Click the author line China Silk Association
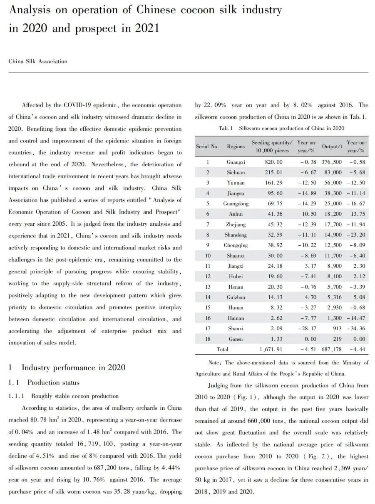click(38, 61)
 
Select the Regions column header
click(236, 146)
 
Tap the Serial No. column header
click(207, 146)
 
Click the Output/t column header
click(332, 146)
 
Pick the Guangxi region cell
click(236, 162)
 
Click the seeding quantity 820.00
click(273, 162)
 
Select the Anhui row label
click(236, 214)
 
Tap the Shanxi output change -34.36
click(355, 329)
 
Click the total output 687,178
click(332, 349)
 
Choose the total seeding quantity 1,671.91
click(271, 349)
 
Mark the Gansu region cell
click(236, 339)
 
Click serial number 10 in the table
click(207, 256)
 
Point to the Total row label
click(222, 349)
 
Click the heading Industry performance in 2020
click(73, 367)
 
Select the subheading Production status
click(53, 382)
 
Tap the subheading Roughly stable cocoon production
click(75, 396)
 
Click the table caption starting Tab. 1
click(281, 128)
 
